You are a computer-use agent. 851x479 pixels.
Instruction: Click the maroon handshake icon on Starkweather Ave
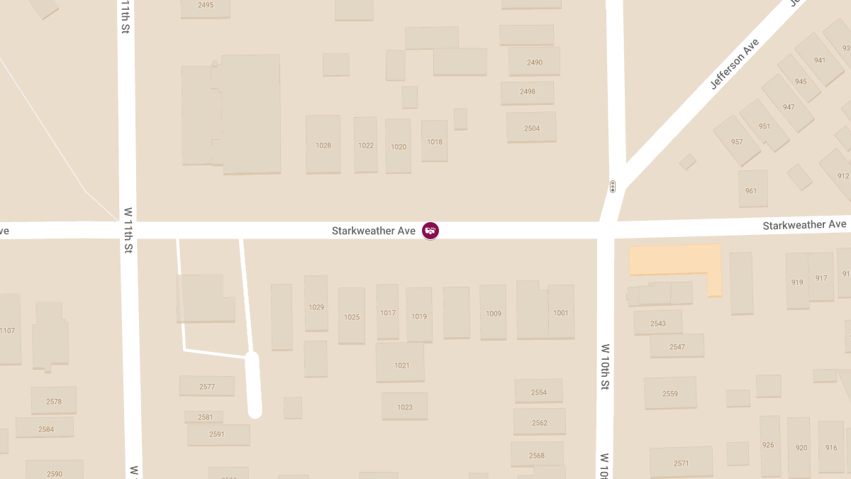pos(430,231)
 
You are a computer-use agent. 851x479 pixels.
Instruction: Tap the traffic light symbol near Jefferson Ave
pos(612,187)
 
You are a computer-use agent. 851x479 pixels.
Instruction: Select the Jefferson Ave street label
pos(734,64)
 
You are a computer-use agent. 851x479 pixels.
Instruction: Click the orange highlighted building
pos(674,260)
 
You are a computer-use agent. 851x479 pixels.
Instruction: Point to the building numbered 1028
pos(323,145)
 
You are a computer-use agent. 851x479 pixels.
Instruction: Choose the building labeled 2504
pos(531,128)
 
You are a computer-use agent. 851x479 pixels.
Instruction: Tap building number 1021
pos(401,365)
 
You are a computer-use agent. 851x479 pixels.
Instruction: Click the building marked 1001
pos(560,312)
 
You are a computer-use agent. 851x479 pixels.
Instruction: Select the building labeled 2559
pos(670,393)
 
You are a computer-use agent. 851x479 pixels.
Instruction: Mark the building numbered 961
pos(752,189)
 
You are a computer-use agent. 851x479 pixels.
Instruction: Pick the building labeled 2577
pos(206,386)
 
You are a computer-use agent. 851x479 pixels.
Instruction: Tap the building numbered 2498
pos(527,92)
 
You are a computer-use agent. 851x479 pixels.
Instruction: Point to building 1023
pos(404,407)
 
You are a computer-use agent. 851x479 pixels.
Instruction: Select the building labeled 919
pos(797,282)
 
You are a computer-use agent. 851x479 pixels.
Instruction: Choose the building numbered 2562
pos(539,422)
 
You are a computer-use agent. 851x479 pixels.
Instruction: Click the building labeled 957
pos(737,141)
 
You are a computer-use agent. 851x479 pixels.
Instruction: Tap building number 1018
pos(434,141)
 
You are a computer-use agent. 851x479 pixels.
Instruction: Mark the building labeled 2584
pos(45,428)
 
